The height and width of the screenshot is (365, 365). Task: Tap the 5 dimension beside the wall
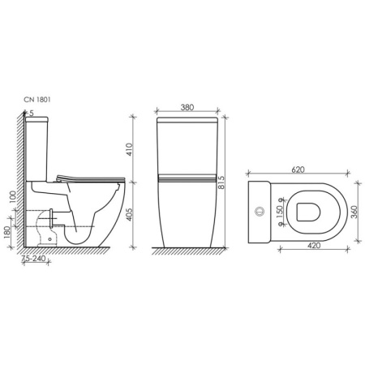31,113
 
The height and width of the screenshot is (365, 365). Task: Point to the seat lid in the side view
89,178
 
